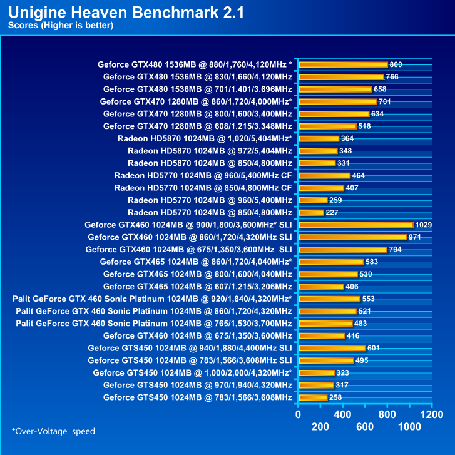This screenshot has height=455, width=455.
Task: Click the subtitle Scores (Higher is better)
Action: click(60, 26)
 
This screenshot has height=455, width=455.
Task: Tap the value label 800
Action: click(396, 64)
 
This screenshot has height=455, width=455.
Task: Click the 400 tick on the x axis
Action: click(342, 414)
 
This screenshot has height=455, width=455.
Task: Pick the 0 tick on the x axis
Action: click(299, 414)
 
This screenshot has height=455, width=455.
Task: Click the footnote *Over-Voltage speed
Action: click(53, 431)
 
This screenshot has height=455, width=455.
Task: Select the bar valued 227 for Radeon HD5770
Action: click(312, 212)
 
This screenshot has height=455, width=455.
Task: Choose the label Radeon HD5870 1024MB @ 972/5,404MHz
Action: click(210, 151)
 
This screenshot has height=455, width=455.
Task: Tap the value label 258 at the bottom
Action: click(335, 397)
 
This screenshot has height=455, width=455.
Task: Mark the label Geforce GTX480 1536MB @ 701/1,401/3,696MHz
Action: click(197, 89)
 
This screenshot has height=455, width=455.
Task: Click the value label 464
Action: click(359, 175)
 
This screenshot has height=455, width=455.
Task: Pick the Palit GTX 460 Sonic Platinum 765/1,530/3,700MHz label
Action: click(154, 324)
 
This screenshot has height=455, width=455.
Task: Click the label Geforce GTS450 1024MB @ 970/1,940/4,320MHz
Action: click(197, 385)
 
